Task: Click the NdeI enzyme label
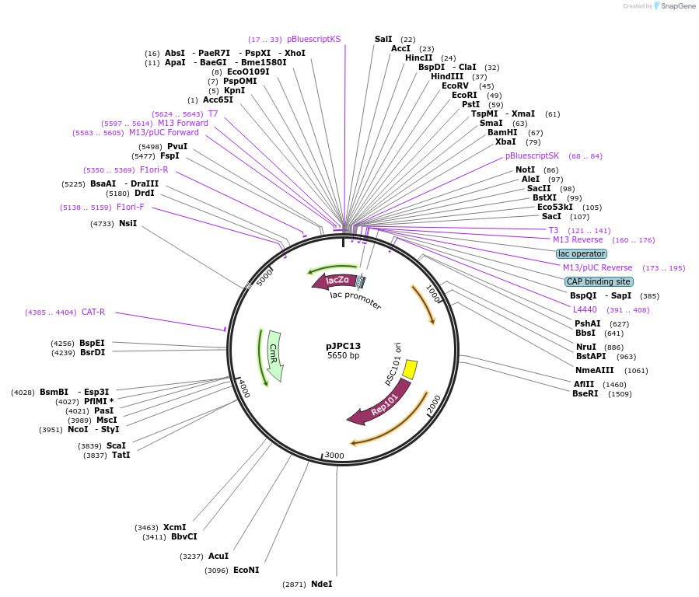[321, 584]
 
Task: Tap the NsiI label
[128, 223]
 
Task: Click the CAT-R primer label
[93, 312]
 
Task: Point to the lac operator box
[582, 253]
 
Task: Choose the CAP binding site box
[599, 281]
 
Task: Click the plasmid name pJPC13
[343, 346]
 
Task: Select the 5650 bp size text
[343, 356]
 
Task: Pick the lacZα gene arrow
[336, 281]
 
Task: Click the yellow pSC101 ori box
[410, 370]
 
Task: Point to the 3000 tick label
[334, 455]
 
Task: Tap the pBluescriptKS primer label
[313, 39]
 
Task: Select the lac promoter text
[355, 300]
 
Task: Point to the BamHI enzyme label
[502, 132]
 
